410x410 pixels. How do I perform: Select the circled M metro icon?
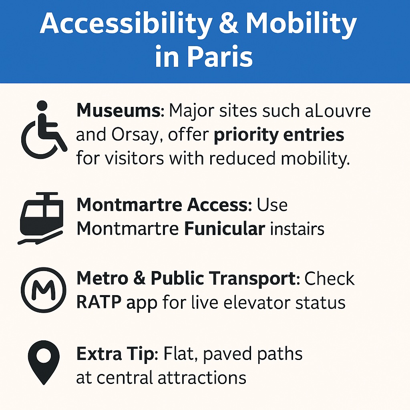pyautogui.click(x=43, y=290)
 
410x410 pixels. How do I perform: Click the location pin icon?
pyautogui.click(x=44, y=362)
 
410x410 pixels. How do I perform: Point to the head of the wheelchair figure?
pyautogui.click(x=42, y=106)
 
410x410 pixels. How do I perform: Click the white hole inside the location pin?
pyautogui.click(x=44, y=356)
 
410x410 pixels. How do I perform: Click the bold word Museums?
pyautogui.click(x=119, y=111)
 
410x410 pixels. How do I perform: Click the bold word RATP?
pyautogui.click(x=99, y=303)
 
